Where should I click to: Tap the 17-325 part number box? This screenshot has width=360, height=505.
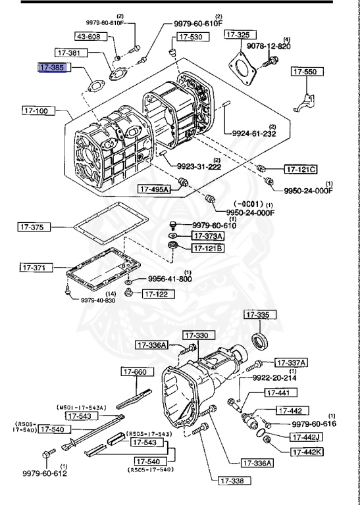pyautogui.click(x=238, y=34)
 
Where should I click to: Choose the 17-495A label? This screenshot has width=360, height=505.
pyautogui.click(x=154, y=189)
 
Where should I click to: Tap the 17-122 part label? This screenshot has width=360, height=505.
pyautogui.click(x=156, y=294)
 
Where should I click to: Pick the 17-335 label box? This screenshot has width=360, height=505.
pyautogui.click(x=258, y=316)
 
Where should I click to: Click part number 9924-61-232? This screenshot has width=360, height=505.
pyautogui.click(x=253, y=133)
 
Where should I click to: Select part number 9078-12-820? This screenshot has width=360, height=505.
pyautogui.click(x=269, y=47)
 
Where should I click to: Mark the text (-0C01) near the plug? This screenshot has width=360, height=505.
pyautogui.click(x=248, y=204)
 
